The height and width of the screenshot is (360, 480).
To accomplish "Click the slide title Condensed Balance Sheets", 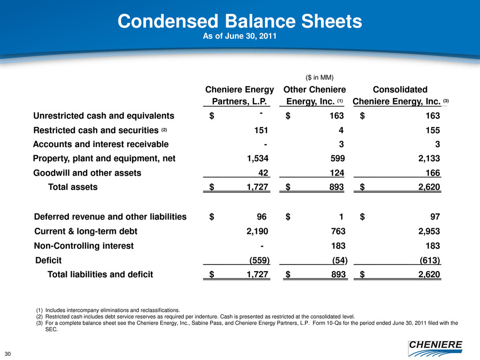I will tap(239, 22).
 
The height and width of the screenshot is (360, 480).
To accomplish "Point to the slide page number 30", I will tap(8, 353).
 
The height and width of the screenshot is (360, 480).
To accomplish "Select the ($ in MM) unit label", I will tap(320, 78).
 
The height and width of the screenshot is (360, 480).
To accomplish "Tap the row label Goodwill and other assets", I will tap(87, 173).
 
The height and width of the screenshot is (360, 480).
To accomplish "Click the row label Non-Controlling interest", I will tap(84, 246).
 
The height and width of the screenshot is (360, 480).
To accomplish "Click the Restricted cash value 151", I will tap(261, 130).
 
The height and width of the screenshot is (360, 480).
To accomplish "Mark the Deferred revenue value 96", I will tap(263, 217).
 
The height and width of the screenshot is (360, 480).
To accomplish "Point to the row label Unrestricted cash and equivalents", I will tap(104, 115).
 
